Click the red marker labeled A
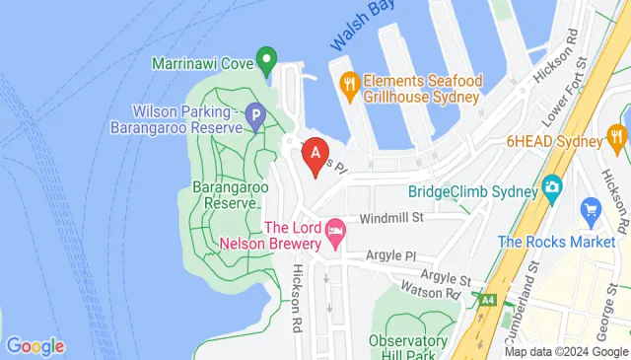coord(315,154)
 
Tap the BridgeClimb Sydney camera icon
coord(551,185)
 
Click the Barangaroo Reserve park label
coord(224,193)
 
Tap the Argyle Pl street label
coord(391,255)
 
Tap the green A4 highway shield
coord(486,298)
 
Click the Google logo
coord(35,345)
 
